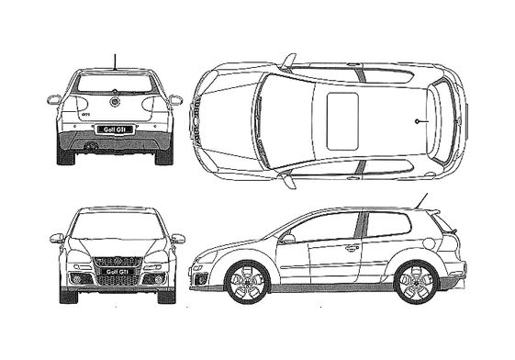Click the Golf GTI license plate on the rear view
116,129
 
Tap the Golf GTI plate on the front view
116,273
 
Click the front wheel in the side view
245,282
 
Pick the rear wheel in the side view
416,282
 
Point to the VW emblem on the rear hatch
116,102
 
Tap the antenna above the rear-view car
115,62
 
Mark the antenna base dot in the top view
417,120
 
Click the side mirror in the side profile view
287,239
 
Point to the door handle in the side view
352,247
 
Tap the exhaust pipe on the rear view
90,145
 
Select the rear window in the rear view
116,84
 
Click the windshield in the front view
116,226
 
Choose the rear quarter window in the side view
388,224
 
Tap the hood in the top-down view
228,120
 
